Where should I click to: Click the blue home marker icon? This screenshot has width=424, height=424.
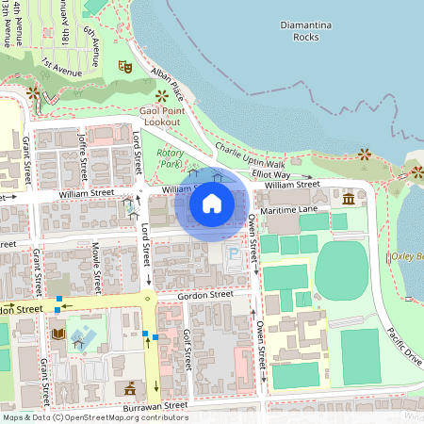click(x=212, y=203)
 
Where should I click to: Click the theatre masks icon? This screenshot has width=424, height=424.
click(x=124, y=68)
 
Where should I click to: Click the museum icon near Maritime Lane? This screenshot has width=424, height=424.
click(x=350, y=199)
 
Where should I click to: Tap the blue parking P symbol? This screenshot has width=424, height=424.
click(x=233, y=253)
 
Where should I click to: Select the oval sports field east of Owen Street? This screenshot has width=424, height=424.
click(x=340, y=270)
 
